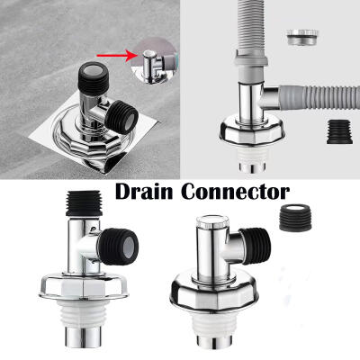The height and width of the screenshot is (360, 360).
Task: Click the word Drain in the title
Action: [x=144, y=191]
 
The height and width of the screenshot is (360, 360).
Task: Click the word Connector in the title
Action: [x=236, y=191]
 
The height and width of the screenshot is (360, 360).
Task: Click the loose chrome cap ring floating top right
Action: [x=302, y=37]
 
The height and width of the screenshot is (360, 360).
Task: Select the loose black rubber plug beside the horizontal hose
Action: [x=339, y=131]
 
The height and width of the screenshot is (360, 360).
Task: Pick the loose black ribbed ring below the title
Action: [x=296, y=218]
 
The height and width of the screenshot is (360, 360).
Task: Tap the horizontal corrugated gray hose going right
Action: [x=319, y=98]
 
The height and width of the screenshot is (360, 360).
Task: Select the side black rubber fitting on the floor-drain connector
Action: [x=122, y=117]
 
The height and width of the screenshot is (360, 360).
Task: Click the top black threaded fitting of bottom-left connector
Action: [x=84, y=203]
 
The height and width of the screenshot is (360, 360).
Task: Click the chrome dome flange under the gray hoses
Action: [x=252, y=132]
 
